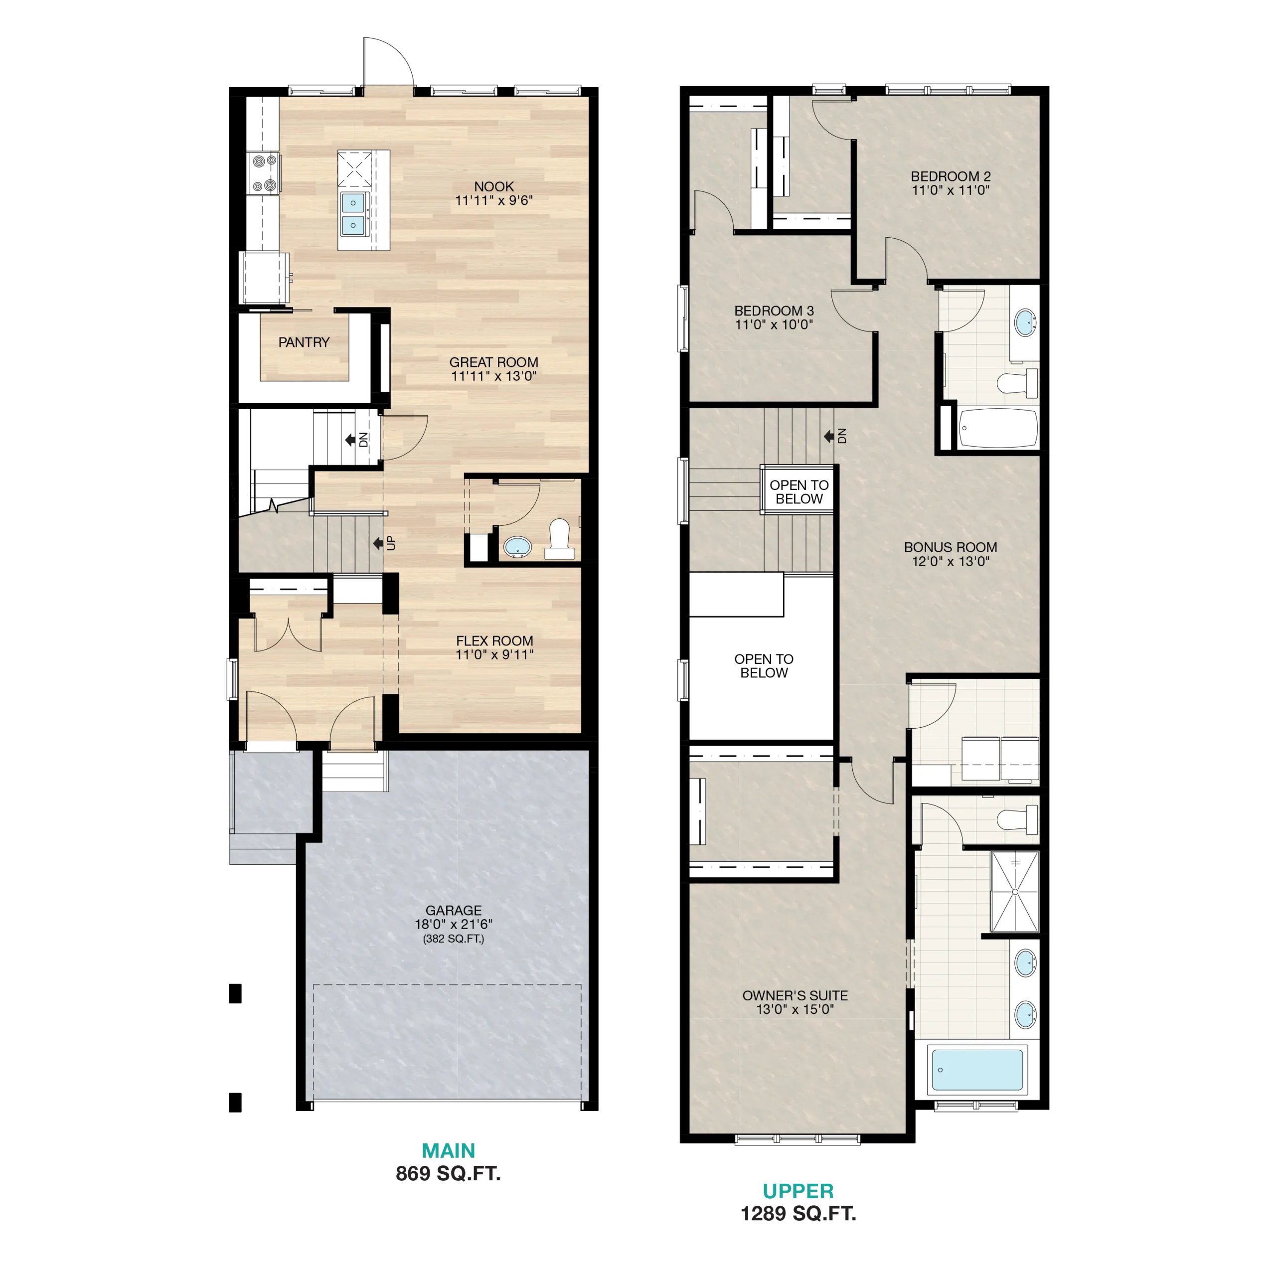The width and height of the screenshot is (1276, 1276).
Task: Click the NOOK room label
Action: pos(493,187)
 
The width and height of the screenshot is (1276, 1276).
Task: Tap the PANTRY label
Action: pos(304,342)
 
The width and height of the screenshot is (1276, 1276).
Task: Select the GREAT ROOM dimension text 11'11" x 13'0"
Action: pos(493,376)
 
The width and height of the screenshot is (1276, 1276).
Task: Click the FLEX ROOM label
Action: pos(494,640)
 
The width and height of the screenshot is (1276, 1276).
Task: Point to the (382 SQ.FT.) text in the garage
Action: pos(453,939)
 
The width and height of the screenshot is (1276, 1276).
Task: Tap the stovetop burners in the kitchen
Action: pos(264,172)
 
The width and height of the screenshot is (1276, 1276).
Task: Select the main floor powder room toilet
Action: pos(559,539)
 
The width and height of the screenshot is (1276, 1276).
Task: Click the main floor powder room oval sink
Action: pos(517,547)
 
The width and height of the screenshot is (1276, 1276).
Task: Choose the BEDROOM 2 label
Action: pos(951,176)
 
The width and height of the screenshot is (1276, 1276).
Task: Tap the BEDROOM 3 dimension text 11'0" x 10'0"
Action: pos(774,324)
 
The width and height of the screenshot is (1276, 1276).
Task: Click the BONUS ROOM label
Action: pos(951,547)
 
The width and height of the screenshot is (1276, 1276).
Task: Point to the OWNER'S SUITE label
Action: pos(795,995)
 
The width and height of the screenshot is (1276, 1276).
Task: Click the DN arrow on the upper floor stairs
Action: pos(828,436)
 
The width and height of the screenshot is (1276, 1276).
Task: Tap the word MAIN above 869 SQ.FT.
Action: pos(449,1150)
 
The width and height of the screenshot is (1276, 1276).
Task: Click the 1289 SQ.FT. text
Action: pos(798,1213)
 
